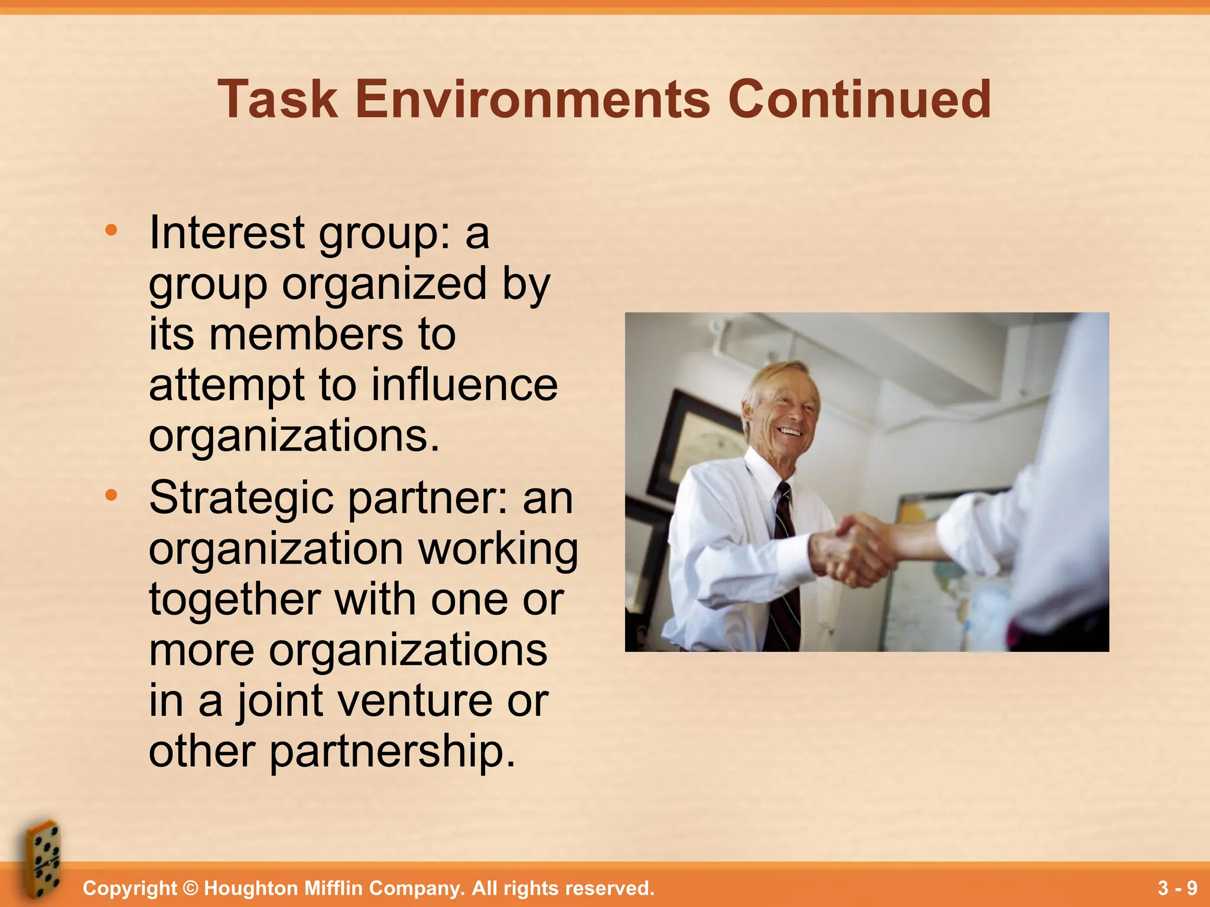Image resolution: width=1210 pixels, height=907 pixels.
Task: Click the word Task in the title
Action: click(x=278, y=99)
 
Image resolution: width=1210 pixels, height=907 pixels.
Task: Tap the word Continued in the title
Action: click(x=859, y=99)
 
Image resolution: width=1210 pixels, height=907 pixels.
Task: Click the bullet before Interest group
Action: click(x=111, y=231)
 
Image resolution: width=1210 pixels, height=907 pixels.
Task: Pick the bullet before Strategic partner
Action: click(x=111, y=496)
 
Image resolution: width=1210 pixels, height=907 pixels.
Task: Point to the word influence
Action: click(x=464, y=384)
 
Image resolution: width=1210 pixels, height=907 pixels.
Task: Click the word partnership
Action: click(x=393, y=752)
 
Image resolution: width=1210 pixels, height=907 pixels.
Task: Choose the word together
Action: click(x=235, y=599)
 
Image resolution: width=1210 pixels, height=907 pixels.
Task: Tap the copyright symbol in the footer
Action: click(x=190, y=888)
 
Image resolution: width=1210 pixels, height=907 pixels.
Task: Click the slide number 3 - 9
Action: click(x=1177, y=888)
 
